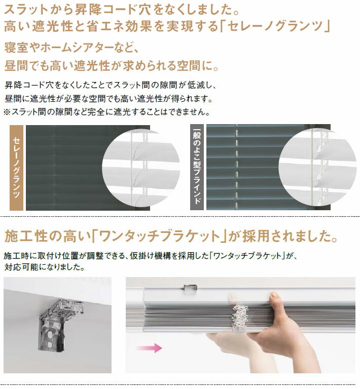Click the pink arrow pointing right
(x=150, y=347)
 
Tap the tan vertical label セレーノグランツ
(x=16, y=168)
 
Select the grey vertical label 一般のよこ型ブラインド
(x=197, y=167)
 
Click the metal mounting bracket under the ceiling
(x=60, y=325)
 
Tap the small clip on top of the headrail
(x=191, y=287)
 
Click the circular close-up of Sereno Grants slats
(x=141, y=168)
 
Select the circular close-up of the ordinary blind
(x=317, y=167)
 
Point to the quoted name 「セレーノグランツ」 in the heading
(x=275, y=26)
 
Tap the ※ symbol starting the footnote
(x=7, y=112)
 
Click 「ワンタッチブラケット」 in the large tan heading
(x=159, y=236)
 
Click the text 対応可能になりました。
(x=45, y=267)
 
